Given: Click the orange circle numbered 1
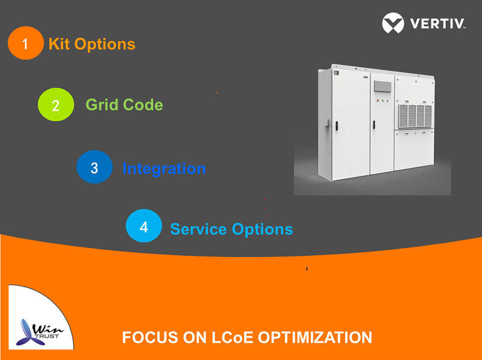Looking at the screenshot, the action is (x=26, y=43).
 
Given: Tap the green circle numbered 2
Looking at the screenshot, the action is (x=56, y=104).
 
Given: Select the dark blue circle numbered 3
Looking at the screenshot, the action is (x=95, y=167).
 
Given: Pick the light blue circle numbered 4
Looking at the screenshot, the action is (x=144, y=226).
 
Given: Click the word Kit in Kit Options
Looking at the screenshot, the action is (x=59, y=44).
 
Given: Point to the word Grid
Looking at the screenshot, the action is (x=102, y=105).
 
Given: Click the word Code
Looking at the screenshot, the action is (x=143, y=105).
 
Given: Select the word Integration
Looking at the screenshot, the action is (x=164, y=169).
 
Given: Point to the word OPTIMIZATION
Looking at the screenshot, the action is (x=315, y=338).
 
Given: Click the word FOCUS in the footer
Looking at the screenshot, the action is (x=150, y=338).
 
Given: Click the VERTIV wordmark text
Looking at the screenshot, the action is (x=438, y=23).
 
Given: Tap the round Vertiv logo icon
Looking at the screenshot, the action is (x=393, y=23).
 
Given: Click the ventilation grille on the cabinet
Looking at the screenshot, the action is (x=415, y=116).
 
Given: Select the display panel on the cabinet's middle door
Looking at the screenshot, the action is (x=383, y=86).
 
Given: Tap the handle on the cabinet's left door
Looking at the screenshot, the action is (x=337, y=126).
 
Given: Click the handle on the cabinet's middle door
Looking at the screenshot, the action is (x=374, y=125).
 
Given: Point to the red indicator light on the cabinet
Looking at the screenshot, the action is (x=378, y=101).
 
